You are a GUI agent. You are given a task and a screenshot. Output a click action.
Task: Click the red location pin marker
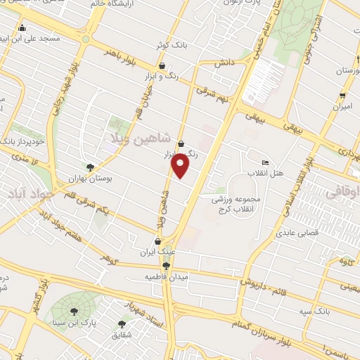click(181, 166)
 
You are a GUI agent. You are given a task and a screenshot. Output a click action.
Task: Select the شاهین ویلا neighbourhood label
click(138, 139)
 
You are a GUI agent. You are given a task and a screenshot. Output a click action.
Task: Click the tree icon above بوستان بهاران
click(90, 167)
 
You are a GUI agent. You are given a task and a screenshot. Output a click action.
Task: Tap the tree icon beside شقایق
click(122, 324)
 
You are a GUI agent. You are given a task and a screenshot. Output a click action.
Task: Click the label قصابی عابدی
click(297, 232)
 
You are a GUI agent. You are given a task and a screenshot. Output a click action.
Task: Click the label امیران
click(342, 106)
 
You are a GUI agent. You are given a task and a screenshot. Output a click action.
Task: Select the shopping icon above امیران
click(342, 96)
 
